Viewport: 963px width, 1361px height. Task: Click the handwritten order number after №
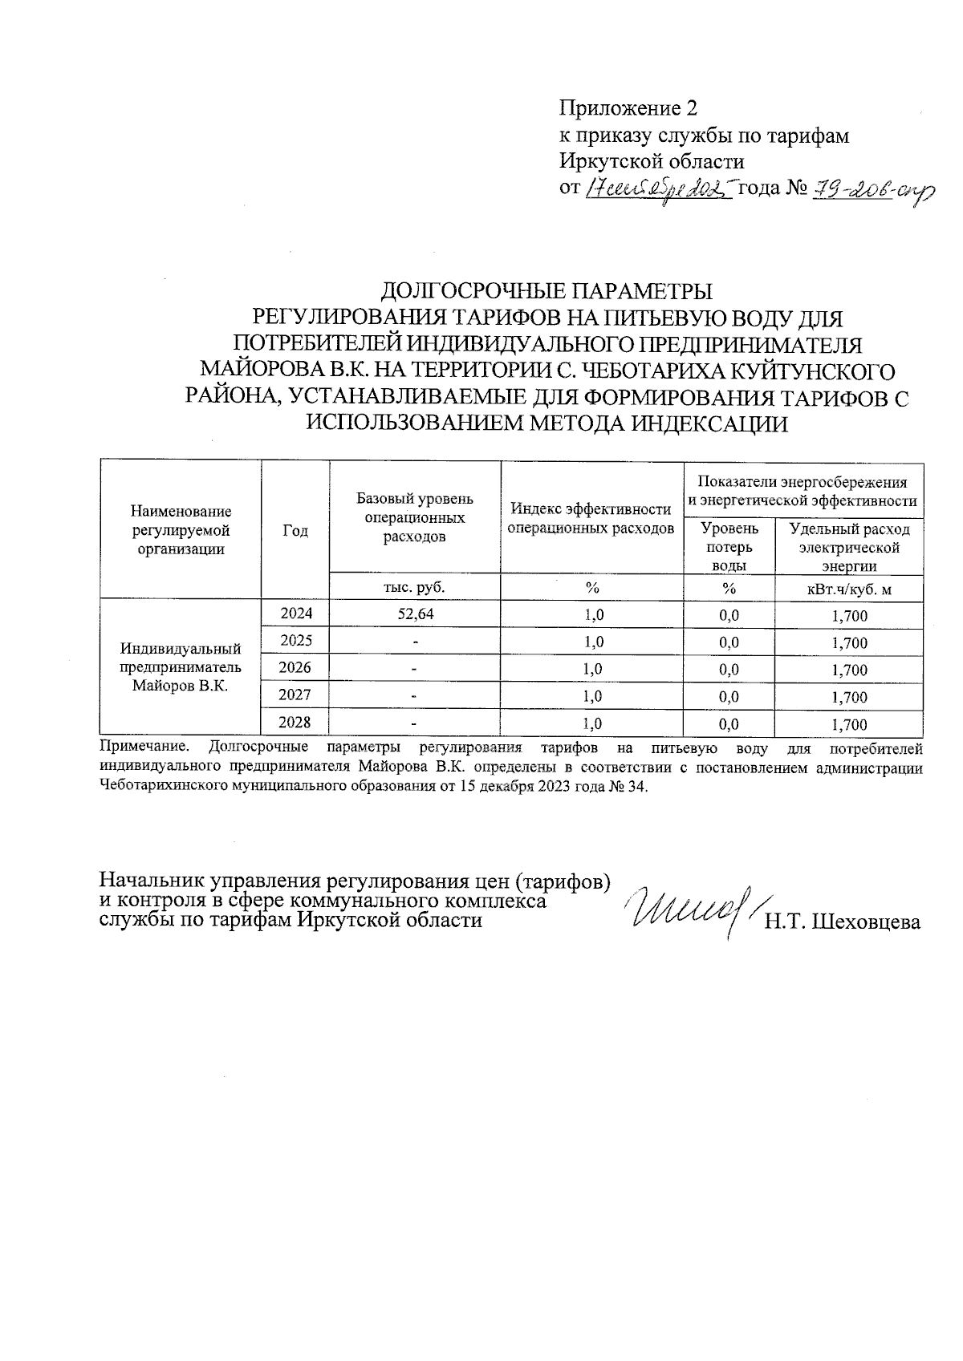point(868,189)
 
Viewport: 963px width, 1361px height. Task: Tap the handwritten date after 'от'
point(660,189)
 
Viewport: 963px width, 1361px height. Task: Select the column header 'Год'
point(295,531)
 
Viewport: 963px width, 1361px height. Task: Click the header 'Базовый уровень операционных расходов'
point(415,518)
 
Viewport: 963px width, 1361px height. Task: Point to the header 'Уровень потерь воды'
point(729,546)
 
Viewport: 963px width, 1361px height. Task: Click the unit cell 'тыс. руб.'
point(415,587)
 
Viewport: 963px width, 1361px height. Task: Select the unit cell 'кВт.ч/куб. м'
point(849,590)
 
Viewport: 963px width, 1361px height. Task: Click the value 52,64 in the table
point(415,615)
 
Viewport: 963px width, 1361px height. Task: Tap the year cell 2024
point(295,614)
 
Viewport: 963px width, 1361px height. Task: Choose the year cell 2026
point(295,667)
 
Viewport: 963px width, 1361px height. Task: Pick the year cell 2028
point(295,722)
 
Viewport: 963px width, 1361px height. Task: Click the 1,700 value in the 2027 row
point(849,698)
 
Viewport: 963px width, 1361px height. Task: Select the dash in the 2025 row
point(415,642)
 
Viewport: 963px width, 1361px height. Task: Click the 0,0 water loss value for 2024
point(729,616)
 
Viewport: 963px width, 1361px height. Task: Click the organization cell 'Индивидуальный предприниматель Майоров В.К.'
point(181,667)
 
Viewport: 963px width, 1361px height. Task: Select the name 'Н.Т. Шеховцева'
point(842,922)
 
